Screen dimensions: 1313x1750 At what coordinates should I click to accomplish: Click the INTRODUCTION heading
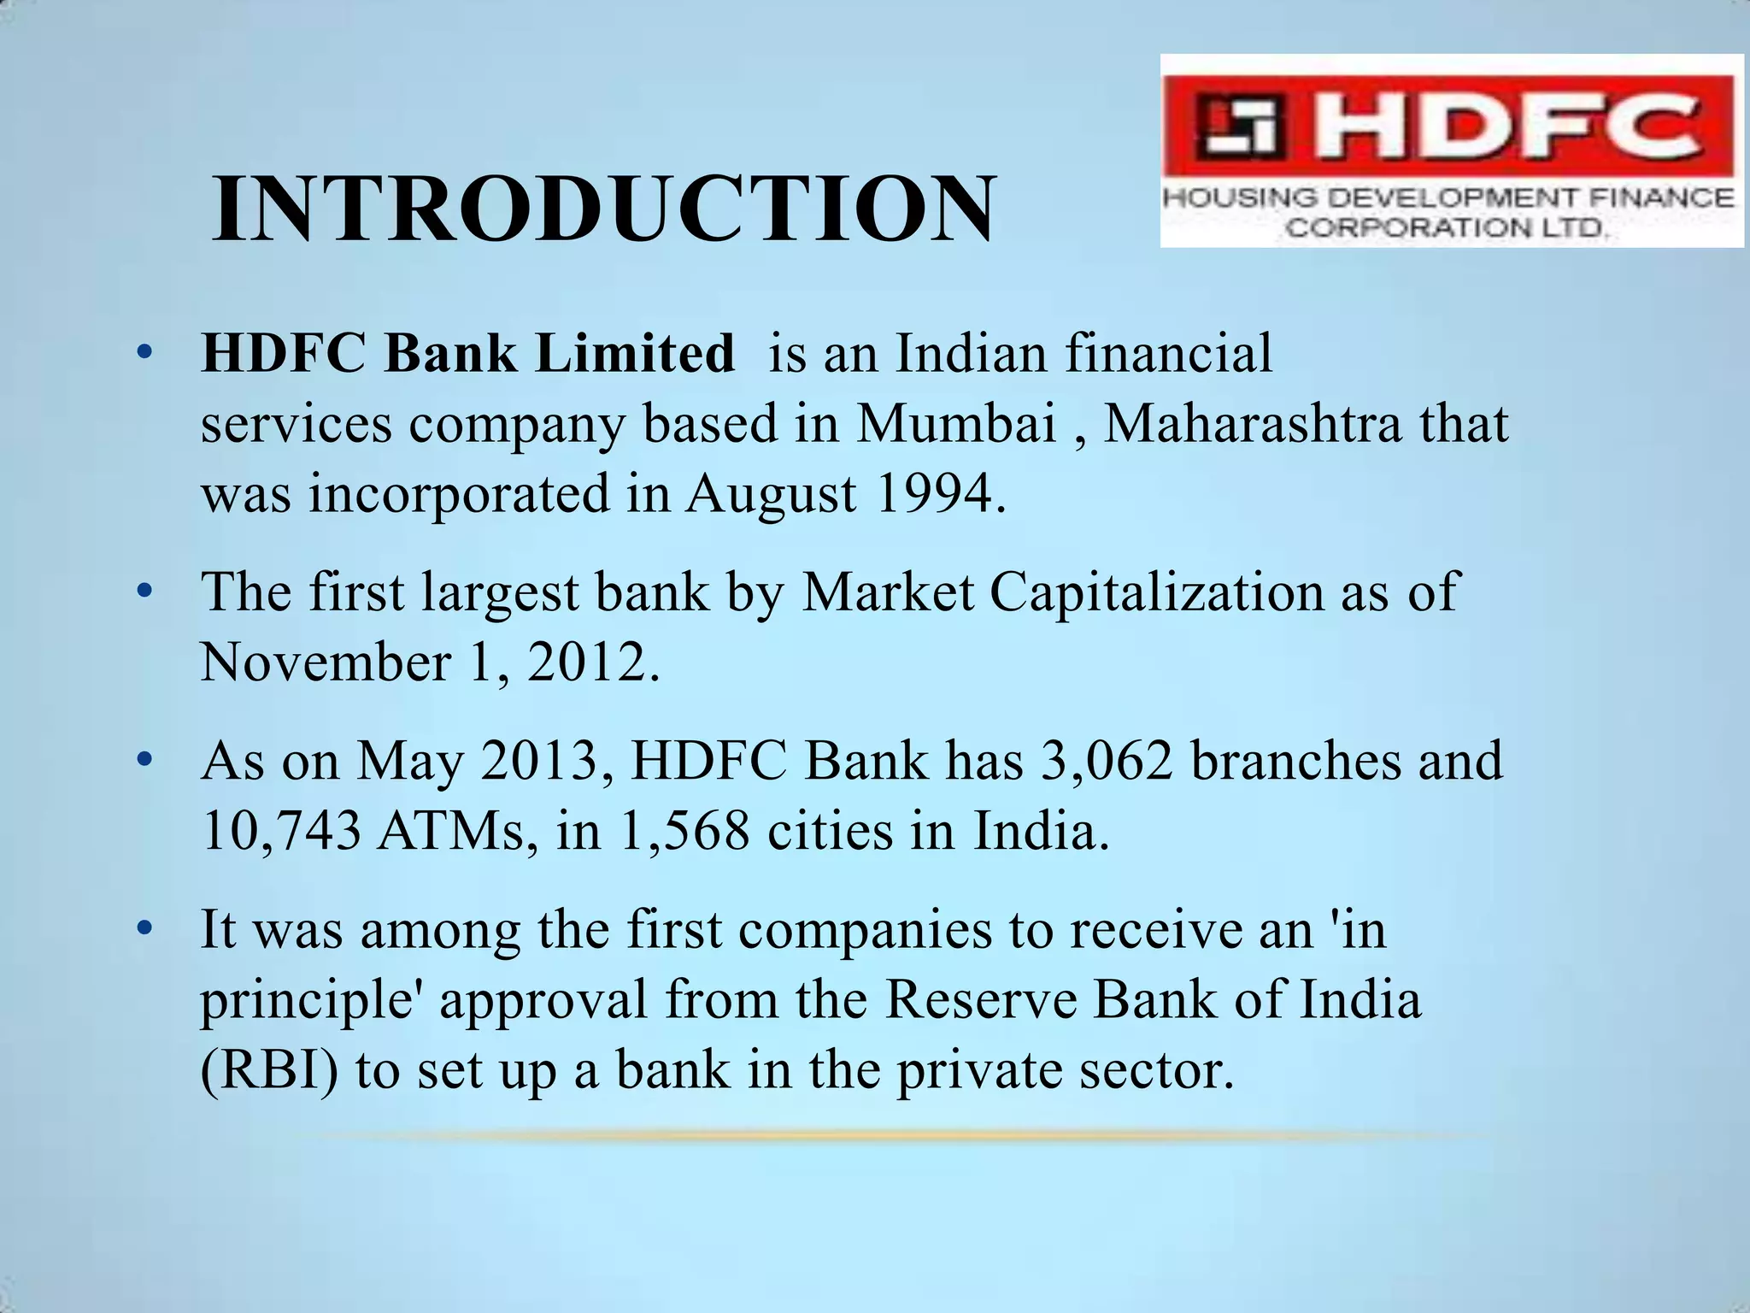point(603,210)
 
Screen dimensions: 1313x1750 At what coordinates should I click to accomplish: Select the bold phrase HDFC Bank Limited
point(467,353)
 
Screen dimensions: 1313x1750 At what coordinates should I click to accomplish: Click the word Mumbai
point(956,423)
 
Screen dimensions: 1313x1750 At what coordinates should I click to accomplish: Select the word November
point(326,662)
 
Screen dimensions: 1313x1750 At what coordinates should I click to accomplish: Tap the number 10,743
point(281,830)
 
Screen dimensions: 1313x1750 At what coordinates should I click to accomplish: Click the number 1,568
point(684,830)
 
